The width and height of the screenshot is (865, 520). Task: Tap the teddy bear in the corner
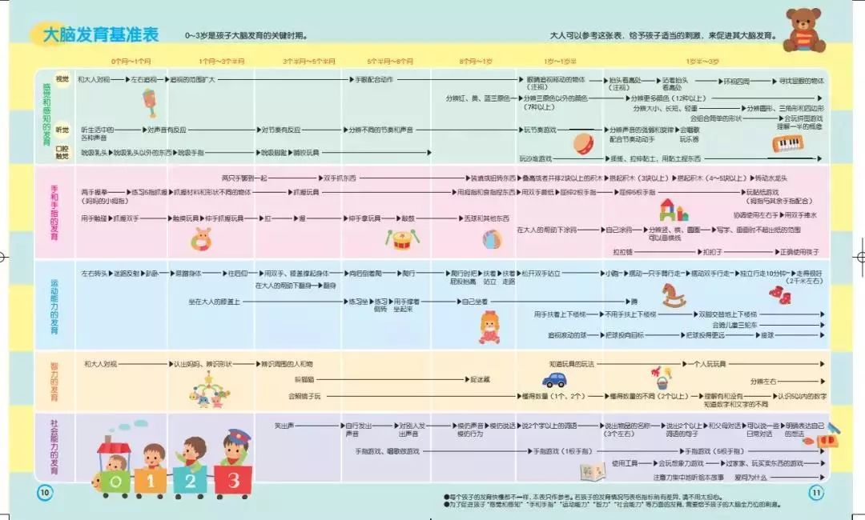(x=803, y=30)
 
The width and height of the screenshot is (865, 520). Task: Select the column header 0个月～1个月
(x=131, y=61)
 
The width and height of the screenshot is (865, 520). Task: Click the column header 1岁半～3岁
(x=702, y=61)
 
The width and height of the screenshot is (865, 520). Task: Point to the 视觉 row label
(x=62, y=79)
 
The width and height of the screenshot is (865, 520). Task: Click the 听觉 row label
(x=62, y=129)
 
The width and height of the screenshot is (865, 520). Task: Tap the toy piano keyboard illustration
(x=787, y=144)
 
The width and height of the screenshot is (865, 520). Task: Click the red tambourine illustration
(x=582, y=142)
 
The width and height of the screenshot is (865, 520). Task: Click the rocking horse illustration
(x=672, y=294)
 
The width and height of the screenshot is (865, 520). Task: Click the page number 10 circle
(x=44, y=491)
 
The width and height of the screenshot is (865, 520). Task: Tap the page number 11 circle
(x=816, y=491)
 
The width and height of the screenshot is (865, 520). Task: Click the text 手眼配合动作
(x=372, y=80)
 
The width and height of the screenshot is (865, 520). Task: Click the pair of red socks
(x=779, y=295)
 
